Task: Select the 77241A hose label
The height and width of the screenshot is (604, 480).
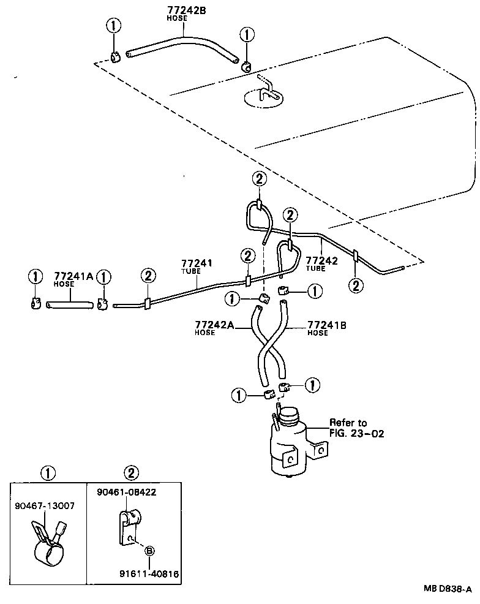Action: pos(73,276)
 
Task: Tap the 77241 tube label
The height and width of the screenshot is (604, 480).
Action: pos(196,263)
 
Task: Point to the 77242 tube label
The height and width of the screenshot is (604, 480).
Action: pos(321,260)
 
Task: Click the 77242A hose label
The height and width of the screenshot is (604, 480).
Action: pos(214,325)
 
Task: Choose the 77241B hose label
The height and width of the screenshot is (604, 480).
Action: pos(327,325)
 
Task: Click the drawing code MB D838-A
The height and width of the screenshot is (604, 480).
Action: pos(448,589)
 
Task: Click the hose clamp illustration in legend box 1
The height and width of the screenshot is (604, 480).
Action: pos(48,538)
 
